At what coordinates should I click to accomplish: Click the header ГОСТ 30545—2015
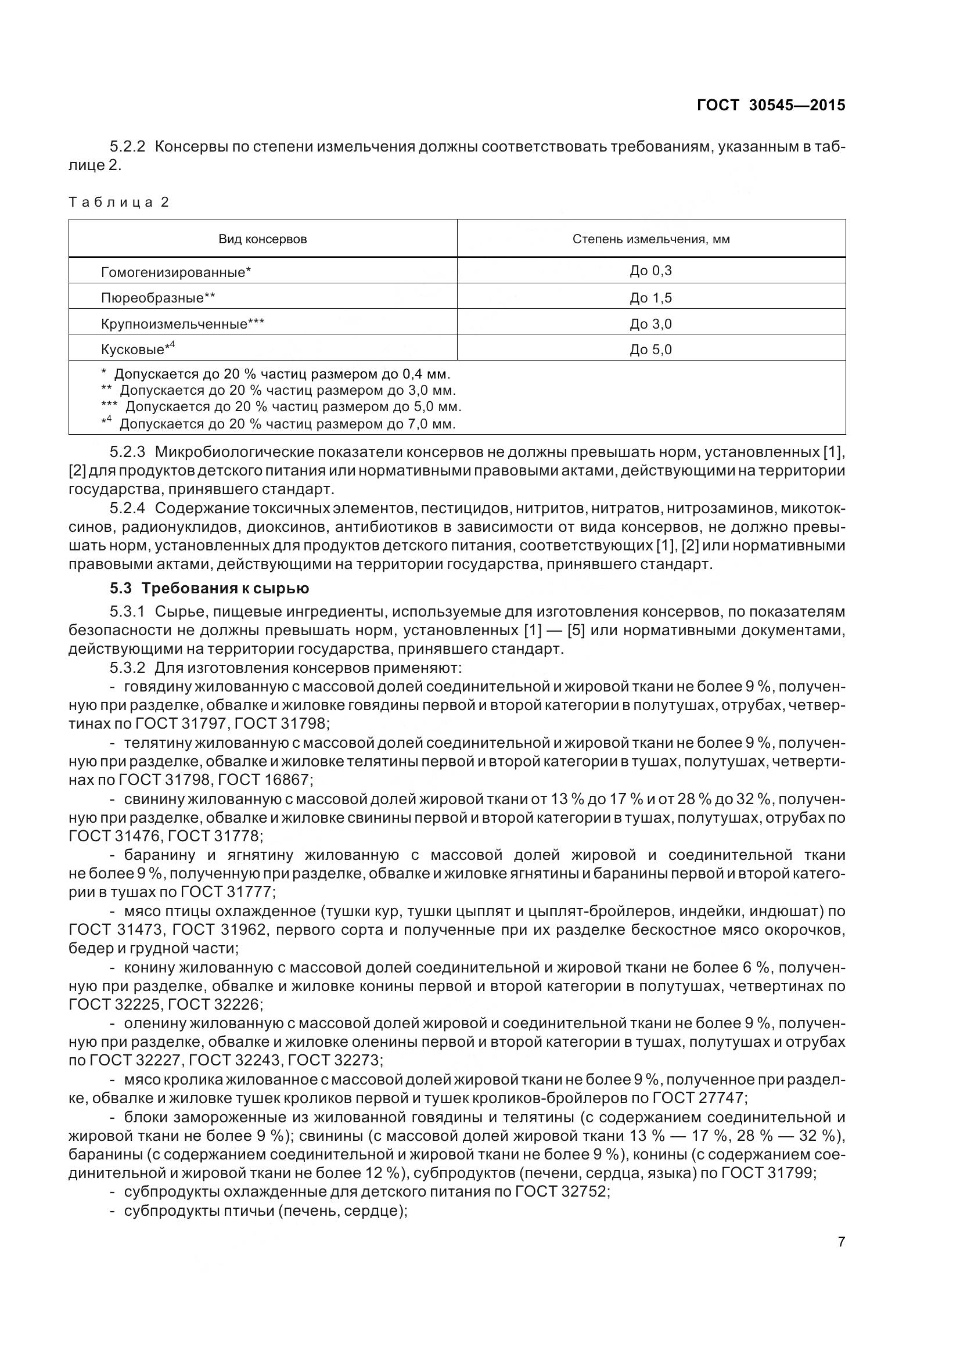(771, 105)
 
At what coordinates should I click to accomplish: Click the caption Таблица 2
(119, 202)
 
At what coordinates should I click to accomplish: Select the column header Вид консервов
(263, 239)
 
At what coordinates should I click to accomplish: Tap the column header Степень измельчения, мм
(650, 239)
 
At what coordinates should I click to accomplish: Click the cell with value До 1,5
(650, 298)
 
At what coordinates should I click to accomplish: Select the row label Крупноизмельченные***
(182, 324)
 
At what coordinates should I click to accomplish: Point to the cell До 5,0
(650, 350)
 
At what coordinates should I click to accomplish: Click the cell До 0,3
(650, 271)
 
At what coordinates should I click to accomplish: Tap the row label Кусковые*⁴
(138, 349)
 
